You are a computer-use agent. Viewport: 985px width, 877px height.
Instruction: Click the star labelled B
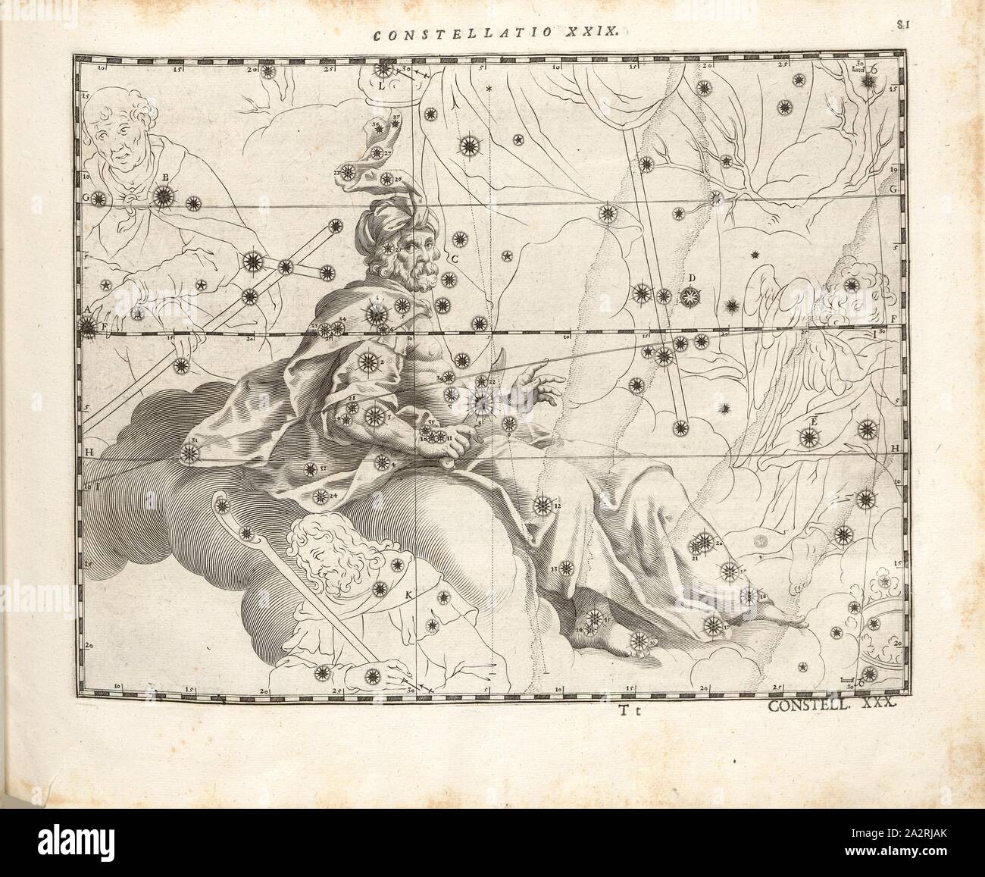click(162, 197)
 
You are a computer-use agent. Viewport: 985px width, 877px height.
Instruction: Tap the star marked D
click(689, 295)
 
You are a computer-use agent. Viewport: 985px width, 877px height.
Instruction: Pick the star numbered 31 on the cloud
click(189, 453)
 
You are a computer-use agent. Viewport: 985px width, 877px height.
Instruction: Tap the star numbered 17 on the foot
click(712, 625)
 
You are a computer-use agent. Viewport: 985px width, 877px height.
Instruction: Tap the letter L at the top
click(382, 86)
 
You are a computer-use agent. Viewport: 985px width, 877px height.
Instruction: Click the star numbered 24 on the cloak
click(320, 497)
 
